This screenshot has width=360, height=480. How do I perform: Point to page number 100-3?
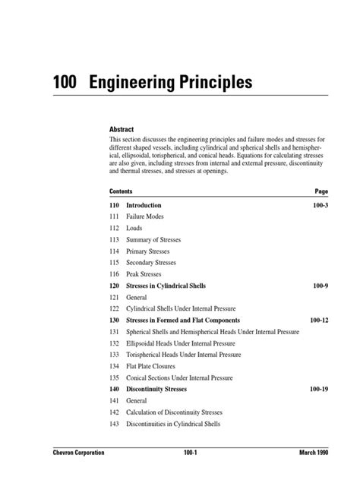(318, 205)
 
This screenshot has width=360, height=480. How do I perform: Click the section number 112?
(115, 228)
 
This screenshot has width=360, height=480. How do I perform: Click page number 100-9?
(318, 286)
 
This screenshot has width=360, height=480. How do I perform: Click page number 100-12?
(317, 320)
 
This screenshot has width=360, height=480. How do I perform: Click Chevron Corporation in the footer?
(68, 452)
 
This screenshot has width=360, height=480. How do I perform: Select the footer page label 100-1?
(180, 452)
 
